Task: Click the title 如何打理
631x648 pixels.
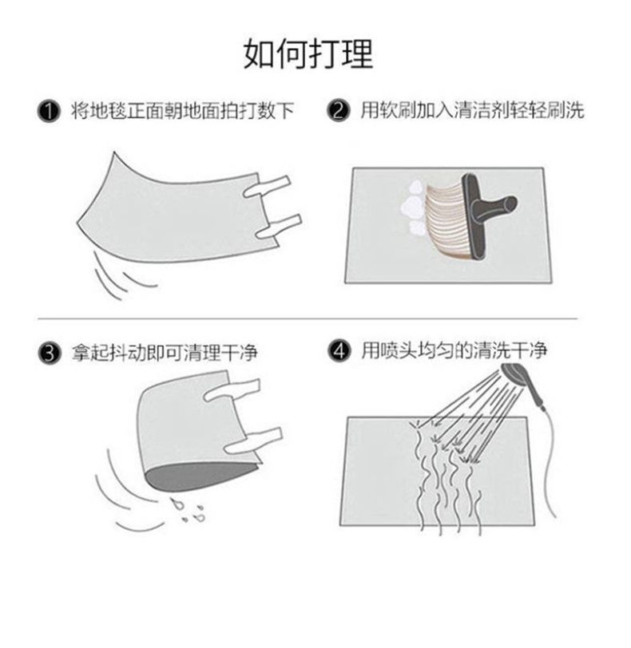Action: (x=308, y=53)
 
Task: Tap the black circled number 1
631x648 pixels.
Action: (x=49, y=111)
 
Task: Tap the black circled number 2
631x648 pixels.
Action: (x=338, y=111)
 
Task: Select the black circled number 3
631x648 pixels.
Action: (x=50, y=353)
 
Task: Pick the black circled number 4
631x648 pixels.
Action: (x=339, y=351)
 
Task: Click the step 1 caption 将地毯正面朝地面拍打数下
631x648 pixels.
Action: (x=182, y=111)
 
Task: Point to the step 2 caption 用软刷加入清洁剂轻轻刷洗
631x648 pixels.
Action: (x=472, y=110)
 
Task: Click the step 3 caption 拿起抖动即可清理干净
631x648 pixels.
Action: (x=165, y=353)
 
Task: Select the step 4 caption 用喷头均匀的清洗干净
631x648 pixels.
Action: (x=454, y=351)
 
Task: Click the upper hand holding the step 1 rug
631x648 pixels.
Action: (x=268, y=187)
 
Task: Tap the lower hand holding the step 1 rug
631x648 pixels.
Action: (x=278, y=227)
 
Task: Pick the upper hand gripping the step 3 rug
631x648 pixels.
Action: (x=232, y=389)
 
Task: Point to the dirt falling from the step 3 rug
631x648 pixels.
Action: (x=189, y=510)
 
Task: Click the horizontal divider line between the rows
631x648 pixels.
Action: (x=308, y=319)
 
